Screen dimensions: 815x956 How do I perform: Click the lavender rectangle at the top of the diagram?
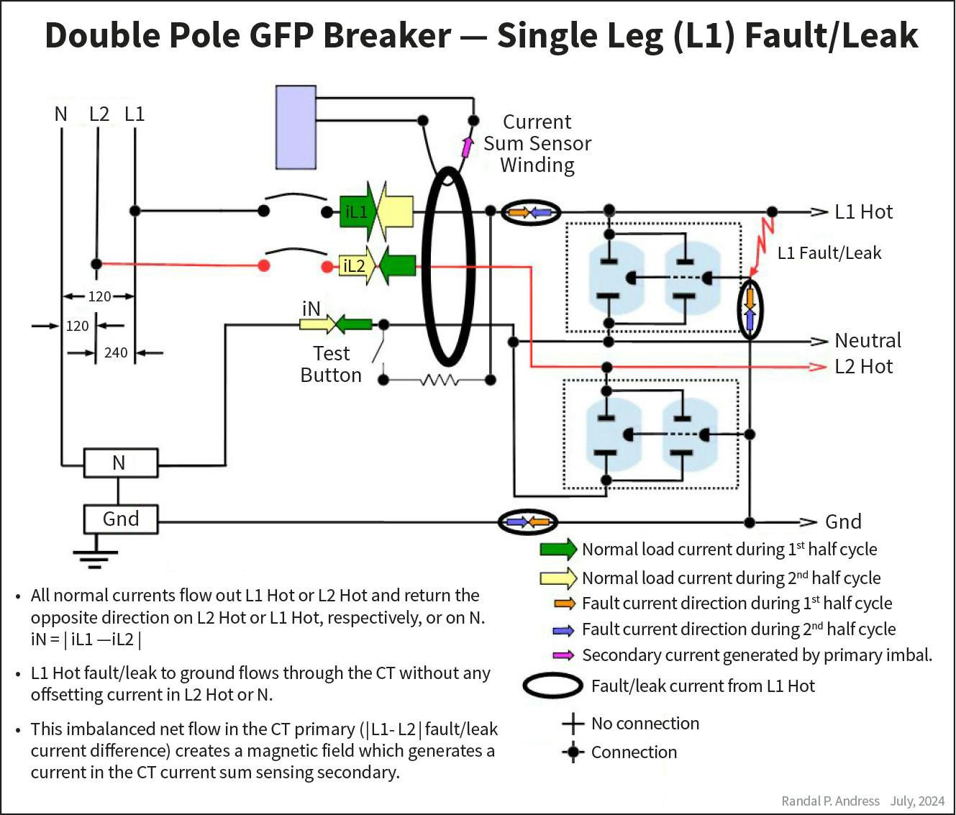pos(296,127)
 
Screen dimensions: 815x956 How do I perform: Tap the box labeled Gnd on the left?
pos(121,519)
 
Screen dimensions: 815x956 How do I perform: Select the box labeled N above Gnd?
pos(120,463)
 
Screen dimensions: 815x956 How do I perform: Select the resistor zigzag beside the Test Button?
pos(440,380)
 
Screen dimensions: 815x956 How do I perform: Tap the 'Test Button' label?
pos(331,364)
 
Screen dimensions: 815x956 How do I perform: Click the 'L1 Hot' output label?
pos(863,212)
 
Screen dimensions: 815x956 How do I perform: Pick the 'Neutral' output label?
pos(868,340)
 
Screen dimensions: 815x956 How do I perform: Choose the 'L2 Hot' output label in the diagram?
pos(863,367)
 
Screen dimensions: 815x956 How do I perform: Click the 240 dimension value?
pos(116,352)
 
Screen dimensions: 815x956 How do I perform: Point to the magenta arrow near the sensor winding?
pos(467,147)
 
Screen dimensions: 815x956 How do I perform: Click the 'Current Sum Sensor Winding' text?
pos(537,143)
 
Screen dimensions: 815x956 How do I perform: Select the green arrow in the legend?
pos(558,549)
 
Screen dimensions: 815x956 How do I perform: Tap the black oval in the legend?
pos(552,686)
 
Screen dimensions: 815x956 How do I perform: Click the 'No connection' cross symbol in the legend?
pos(573,724)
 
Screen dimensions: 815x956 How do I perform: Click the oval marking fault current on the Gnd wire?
pos(528,522)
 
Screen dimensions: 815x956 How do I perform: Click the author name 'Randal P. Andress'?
pos(830,801)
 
